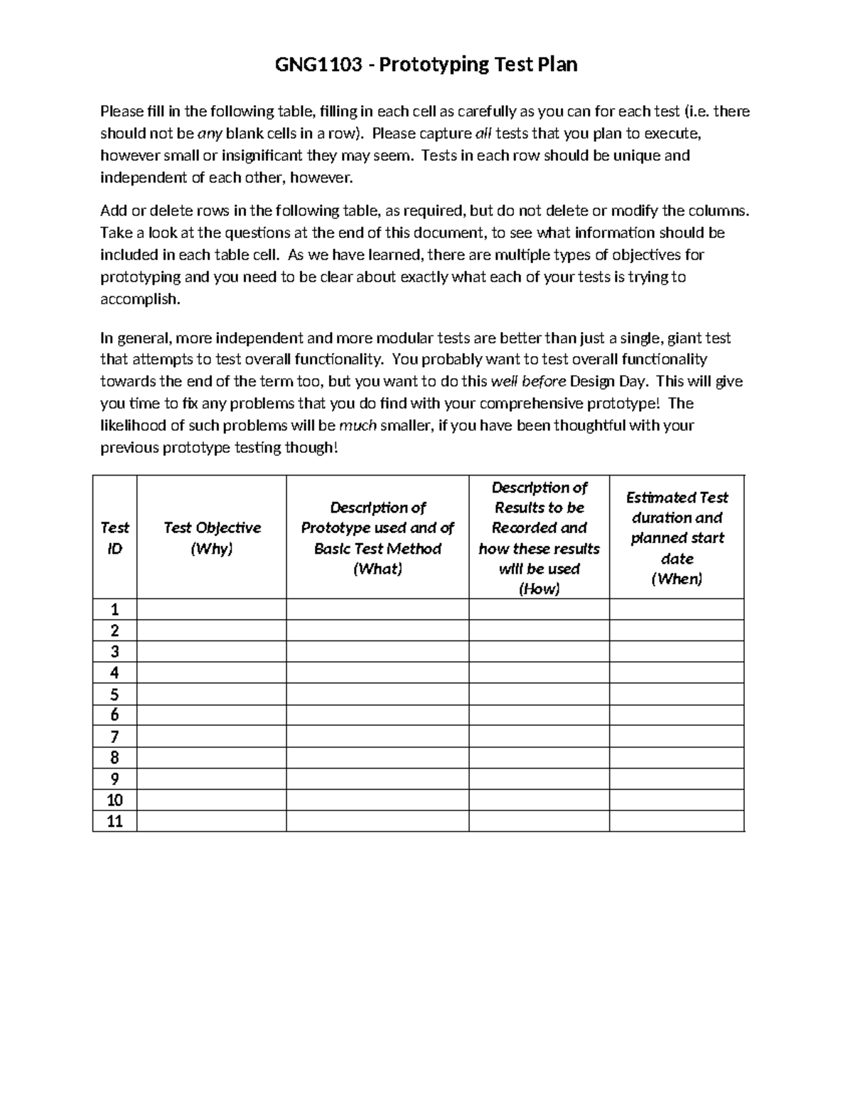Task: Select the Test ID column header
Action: point(114,537)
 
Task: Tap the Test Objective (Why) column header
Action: point(212,537)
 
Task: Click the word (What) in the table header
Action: point(377,569)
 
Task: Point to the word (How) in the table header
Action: point(539,589)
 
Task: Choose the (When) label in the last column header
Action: point(677,579)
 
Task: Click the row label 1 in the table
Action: point(114,609)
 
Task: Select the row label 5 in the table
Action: point(114,695)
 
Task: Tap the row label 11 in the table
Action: point(114,822)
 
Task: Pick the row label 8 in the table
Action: point(114,758)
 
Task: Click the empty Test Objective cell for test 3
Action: point(212,652)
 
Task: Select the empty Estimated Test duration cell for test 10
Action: point(677,800)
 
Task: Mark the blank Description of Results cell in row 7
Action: point(539,737)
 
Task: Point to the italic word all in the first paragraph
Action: point(483,134)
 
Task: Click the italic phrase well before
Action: point(528,382)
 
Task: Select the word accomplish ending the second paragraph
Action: point(140,299)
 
